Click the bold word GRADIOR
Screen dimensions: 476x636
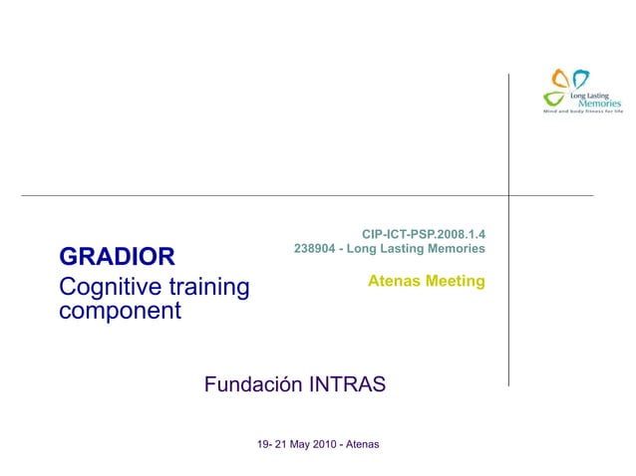tap(117, 257)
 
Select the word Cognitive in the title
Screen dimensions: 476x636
tap(105, 289)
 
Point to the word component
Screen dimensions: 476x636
tap(121, 312)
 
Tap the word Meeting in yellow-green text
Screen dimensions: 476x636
tap(455, 282)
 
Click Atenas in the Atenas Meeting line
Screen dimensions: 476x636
tap(394, 282)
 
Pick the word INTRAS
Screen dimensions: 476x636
tap(343, 384)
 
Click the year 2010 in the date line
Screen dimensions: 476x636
tap(321, 442)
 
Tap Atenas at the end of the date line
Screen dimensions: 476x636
tap(361, 442)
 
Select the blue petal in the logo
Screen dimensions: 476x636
tap(580, 78)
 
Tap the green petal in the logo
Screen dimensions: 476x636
tap(553, 98)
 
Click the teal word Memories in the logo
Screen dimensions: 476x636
tap(600, 103)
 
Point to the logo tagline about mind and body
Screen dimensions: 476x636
tap(581, 112)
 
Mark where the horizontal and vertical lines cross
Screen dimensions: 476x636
tap(508, 195)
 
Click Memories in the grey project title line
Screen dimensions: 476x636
tap(455, 248)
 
